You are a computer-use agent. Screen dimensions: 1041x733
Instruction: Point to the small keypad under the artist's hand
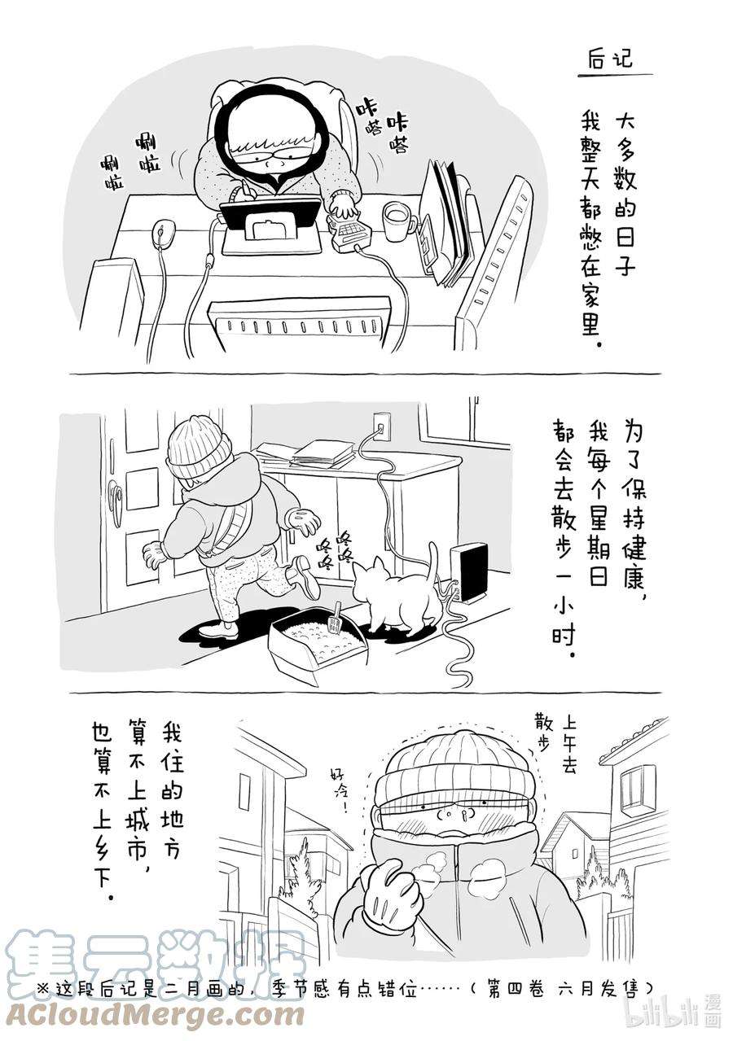pos(350,233)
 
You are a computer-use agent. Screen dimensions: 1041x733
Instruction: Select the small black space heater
pos(472,571)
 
